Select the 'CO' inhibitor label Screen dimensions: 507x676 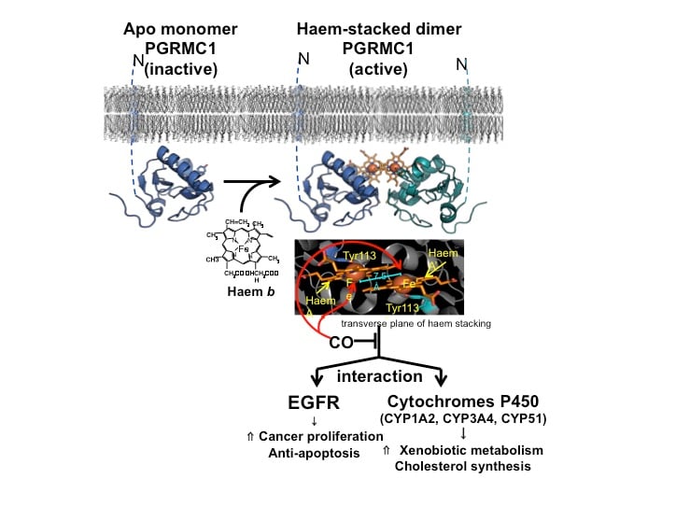[340, 343]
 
